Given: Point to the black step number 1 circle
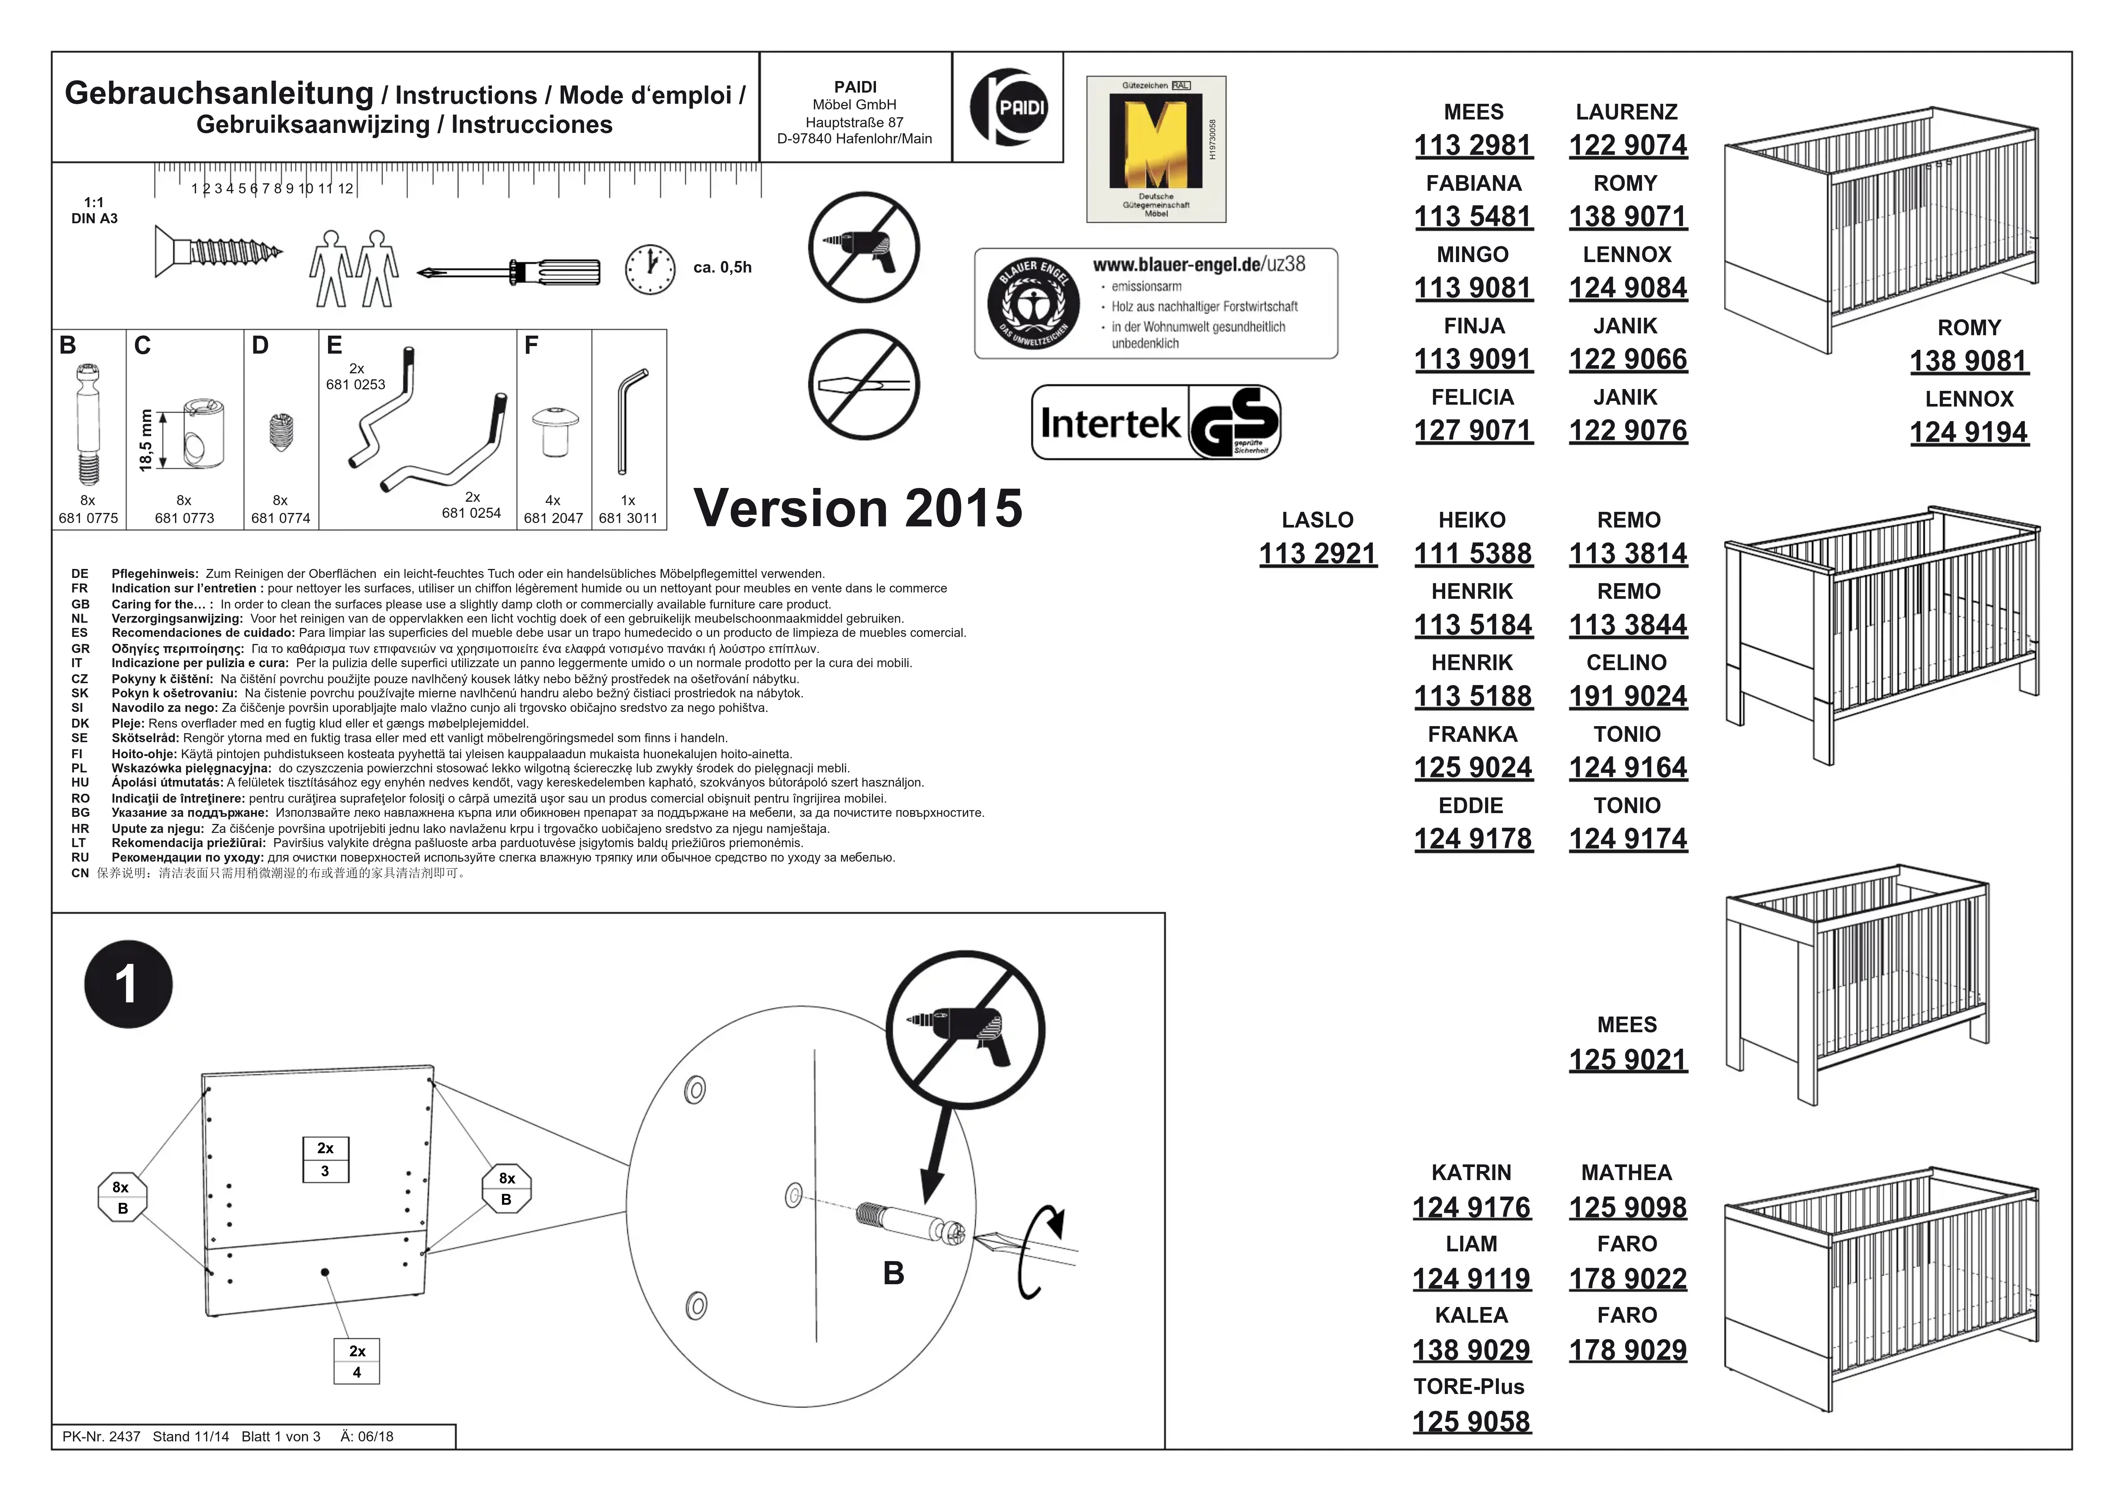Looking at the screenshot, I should click(x=128, y=984).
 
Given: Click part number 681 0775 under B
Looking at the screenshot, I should click(x=88, y=518).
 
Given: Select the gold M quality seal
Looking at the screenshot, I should click(x=1156, y=148).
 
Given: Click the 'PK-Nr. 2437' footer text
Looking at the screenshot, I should click(x=101, y=1437).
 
